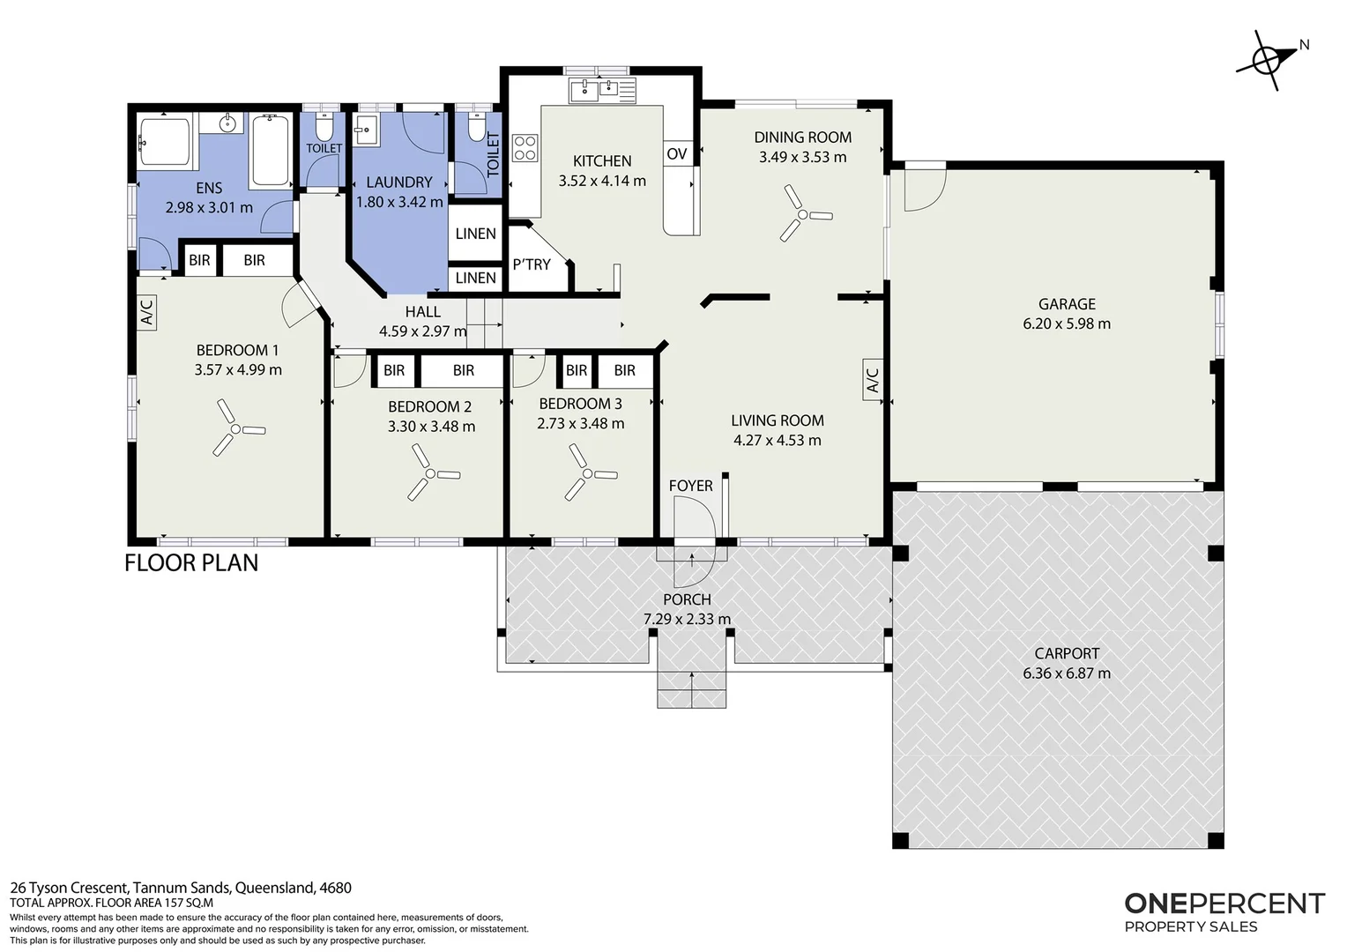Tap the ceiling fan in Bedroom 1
coord(235,428)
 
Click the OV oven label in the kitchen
coord(676,153)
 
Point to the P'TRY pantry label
coord(532,264)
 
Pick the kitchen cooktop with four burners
coord(525,148)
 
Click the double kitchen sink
coord(602,91)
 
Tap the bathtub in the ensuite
coord(271,151)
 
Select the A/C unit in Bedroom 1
coord(146,311)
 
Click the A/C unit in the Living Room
coord(873,379)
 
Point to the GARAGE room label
coord(1067,304)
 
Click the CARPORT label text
coord(1067,653)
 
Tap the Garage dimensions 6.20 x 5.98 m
coord(1067,324)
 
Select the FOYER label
coord(690,486)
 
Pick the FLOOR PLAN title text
coord(191,563)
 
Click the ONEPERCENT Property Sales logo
coord(1224,911)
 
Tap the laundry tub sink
coord(366,130)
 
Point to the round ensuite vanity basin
coord(227,124)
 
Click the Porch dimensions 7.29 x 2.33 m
coord(688,618)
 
